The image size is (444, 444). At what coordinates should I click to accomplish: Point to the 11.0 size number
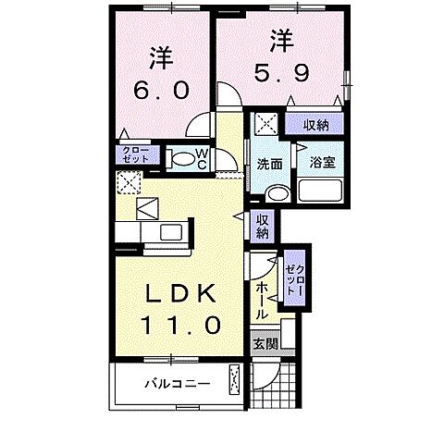181,326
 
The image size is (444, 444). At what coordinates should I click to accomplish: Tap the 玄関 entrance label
265,343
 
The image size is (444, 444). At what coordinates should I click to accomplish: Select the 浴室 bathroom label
321,160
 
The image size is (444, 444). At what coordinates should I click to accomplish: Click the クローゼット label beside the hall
294,275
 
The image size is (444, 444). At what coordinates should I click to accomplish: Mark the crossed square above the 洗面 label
266,124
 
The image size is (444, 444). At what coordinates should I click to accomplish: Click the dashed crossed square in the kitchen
128,180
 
